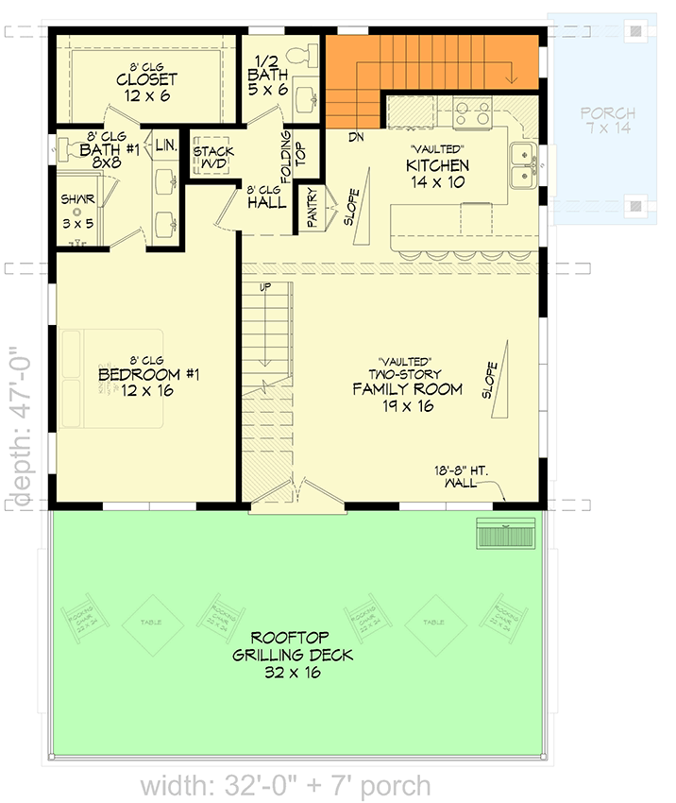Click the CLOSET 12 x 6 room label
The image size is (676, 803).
click(x=147, y=87)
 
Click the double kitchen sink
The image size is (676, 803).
click(x=522, y=165)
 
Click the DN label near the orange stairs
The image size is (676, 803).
click(x=355, y=137)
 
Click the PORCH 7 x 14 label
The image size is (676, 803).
click(x=608, y=120)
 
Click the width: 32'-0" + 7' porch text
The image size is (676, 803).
click(x=286, y=785)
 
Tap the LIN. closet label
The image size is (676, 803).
click(x=165, y=145)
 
